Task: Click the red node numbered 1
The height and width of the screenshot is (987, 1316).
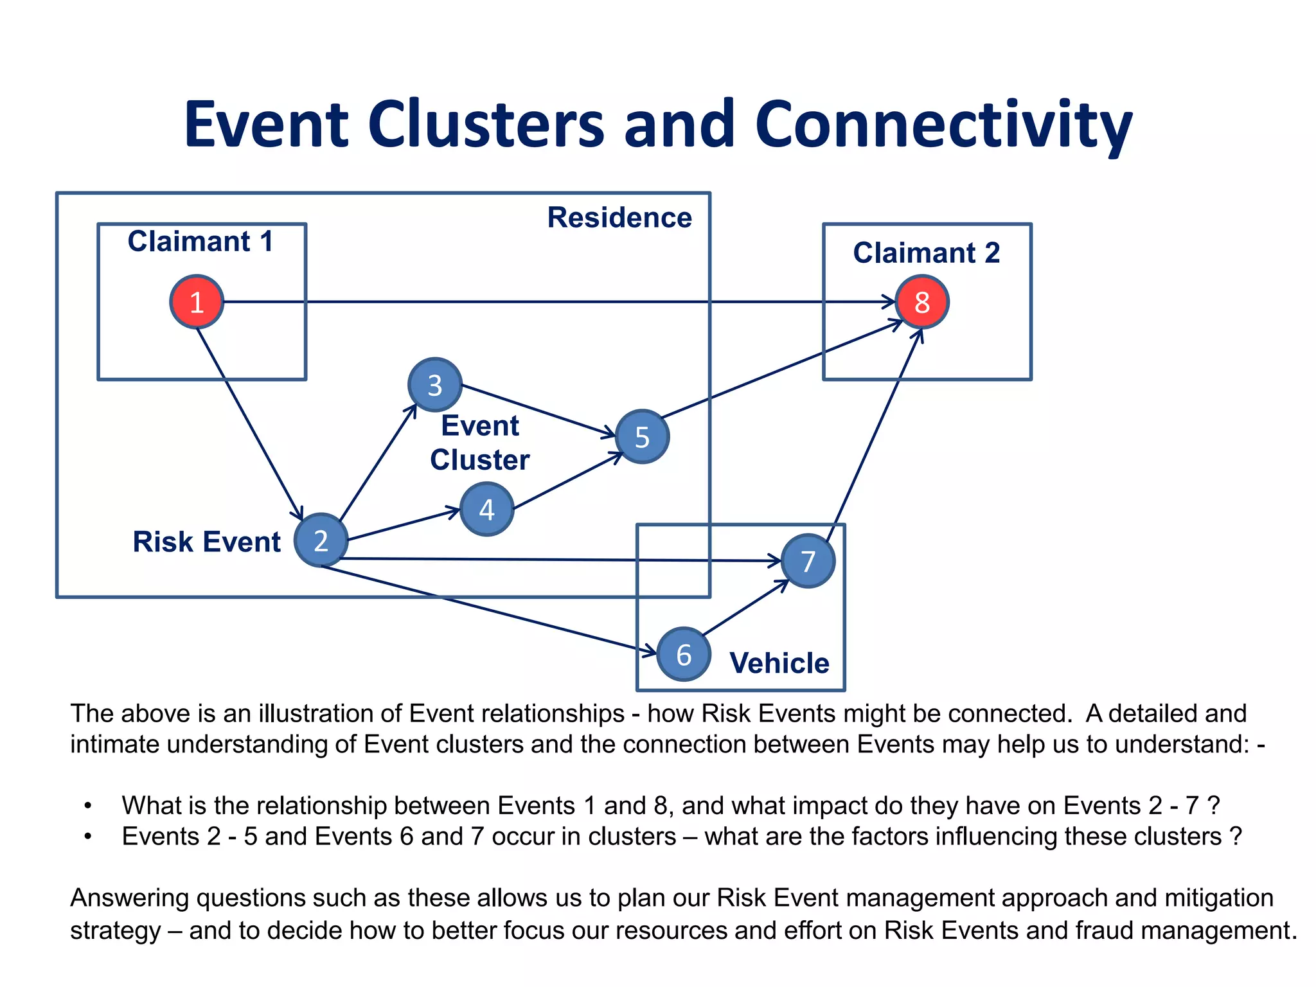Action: click(x=197, y=302)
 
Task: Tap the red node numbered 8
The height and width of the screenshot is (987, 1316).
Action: click(x=922, y=302)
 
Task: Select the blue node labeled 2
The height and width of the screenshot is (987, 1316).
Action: click(x=321, y=540)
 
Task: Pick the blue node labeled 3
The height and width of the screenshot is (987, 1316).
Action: click(x=435, y=385)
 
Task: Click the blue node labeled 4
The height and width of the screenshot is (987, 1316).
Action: click(x=486, y=510)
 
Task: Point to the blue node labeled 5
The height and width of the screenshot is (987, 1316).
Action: click(x=642, y=437)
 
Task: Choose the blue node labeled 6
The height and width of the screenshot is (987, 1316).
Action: click(x=684, y=654)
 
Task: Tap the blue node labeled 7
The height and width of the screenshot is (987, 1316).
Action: click(x=808, y=561)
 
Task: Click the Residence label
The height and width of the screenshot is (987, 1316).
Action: click(x=619, y=217)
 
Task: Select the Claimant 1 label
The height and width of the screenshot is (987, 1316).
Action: click(x=200, y=242)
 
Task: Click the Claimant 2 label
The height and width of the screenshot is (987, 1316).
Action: click(x=926, y=253)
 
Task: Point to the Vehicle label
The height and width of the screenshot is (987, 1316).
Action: click(x=779, y=662)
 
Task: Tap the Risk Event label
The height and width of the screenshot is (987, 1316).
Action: click(x=206, y=542)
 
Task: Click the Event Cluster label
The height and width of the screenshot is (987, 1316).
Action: click(x=479, y=443)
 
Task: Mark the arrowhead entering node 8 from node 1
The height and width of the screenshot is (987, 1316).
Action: click(x=889, y=302)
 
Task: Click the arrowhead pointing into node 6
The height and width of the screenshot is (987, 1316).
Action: click(x=650, y=652)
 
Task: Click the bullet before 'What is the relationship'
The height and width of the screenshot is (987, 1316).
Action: click(x=88, y=806)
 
